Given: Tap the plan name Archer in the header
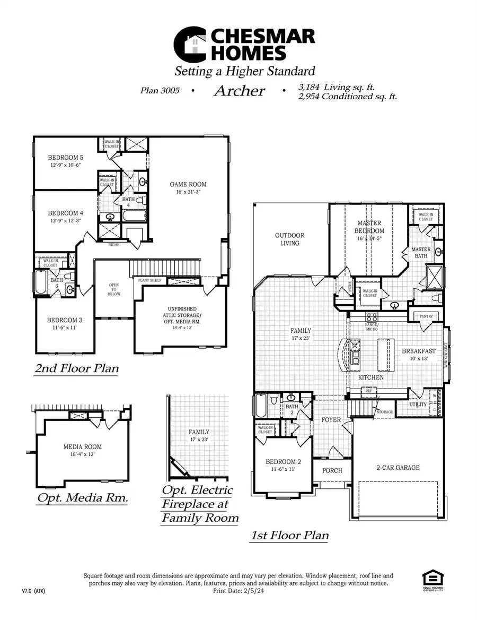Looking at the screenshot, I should pyautogui.click(x=239, y=90).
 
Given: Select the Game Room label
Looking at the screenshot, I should pyautogui.click(x=188, y=184).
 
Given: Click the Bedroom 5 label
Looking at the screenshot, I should pyautogui.click(x=65, y=158).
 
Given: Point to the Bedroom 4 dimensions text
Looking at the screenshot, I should pyautogui.click(x=65, y=221).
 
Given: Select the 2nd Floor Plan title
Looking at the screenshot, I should pyautogui.click(x=76, y=368).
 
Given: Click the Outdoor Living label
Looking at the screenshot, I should pyautogui.click(x=289, y=239).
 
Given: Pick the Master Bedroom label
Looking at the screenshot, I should pyautogui.click(x=370, y=227).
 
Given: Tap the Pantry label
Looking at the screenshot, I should pyautogui.click(x=426, y=316).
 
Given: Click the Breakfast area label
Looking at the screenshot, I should pyautogui.click(x=419, y=351).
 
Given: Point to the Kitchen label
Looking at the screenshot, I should pyautogui.click(x=370, y=376).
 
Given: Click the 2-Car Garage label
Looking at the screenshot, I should pyautogui.click(x=397, y=467).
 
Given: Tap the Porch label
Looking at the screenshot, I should pyautogui.click(x=332, y=470).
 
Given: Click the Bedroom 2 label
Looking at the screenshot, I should pyautogui.click(x=283, y=462).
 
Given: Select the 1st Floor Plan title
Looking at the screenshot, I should pyautogui.click(x=289, y=535).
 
